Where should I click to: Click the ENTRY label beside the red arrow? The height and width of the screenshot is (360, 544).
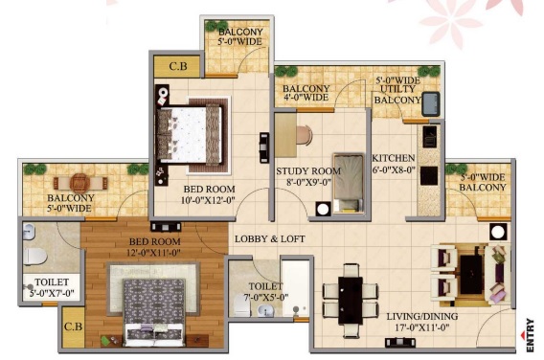click(x=530, y=335)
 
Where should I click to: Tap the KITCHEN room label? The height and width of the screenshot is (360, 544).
click(x=394, y=158)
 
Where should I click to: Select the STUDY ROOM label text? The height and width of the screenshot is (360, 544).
click(x=308, y=171)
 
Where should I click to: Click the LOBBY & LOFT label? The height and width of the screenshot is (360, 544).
click(x=269, y=239)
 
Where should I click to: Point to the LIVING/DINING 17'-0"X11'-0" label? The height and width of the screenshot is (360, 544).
click(x=422, y=322)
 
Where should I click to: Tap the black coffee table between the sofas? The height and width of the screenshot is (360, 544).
click(x=471, y=275)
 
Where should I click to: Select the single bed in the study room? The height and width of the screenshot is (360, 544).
click(x=349, y=183)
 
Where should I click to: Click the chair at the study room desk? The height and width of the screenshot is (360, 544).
click(x=305, y=135)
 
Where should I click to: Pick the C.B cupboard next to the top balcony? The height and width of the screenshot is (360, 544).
click(x=177, y=66)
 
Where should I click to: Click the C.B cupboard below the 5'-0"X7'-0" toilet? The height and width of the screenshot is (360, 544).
click(x=73, y=326)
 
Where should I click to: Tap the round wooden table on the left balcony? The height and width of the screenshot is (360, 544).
click(x=80, y=183)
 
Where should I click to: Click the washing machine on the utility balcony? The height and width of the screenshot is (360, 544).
click(x=431, y=103)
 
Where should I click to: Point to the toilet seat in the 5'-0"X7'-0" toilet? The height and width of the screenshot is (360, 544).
click(x=35, y=257)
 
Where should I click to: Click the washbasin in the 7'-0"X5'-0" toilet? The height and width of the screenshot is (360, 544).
click(x=265, y=310)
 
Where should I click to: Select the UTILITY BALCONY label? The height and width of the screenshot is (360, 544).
click(x=397, y=95)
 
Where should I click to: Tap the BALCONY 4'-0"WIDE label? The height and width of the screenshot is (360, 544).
click(x=306, y=93)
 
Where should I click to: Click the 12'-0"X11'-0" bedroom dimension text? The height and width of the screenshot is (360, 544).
click(x=153, y=253)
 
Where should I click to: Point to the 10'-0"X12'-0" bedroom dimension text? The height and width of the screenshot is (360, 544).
click(x=208, y=200)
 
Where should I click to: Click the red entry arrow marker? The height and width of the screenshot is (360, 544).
click(x=523, y=335)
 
